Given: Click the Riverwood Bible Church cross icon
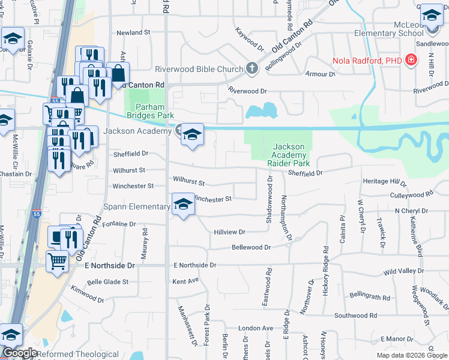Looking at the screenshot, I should click(x=252, y=68).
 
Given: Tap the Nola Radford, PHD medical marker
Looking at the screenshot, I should click(x=411, y=60).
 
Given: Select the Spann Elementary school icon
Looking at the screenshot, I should click(x=183, y=205).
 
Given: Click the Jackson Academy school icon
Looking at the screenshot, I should click(x=192, y=134).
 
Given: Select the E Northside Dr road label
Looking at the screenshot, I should click(x=194, y=265).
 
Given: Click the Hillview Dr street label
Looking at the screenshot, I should click(x=230, y=232).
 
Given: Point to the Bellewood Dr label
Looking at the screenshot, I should click(x=252, y=247).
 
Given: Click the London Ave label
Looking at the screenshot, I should click(x=255, y=328).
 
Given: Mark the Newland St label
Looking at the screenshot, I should click(x=133, y=32).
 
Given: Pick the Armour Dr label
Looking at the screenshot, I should click(x=320, y=74).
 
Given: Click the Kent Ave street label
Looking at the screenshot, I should click(x=185, y=280).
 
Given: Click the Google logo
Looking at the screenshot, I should click(x=19, y=353).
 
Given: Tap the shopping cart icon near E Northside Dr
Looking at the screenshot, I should click(x=57, y=260).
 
